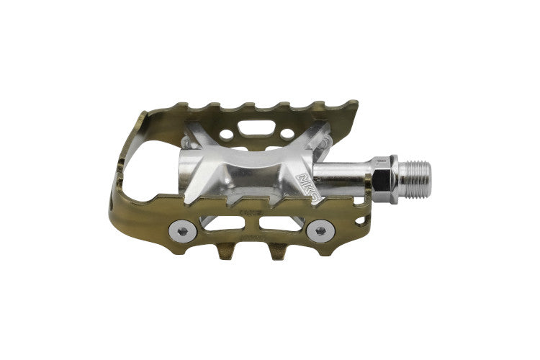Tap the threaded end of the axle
pos(415,173)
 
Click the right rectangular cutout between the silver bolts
pos(281,225)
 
